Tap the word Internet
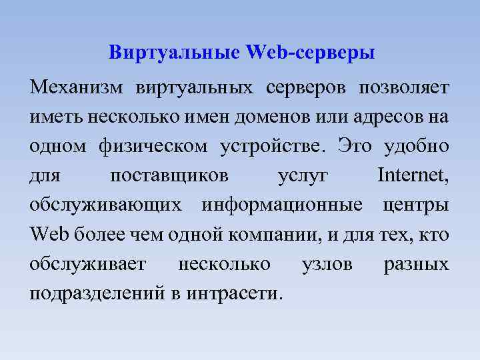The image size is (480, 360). (x=413, y=176)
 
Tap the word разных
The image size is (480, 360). (x=417, y=264)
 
